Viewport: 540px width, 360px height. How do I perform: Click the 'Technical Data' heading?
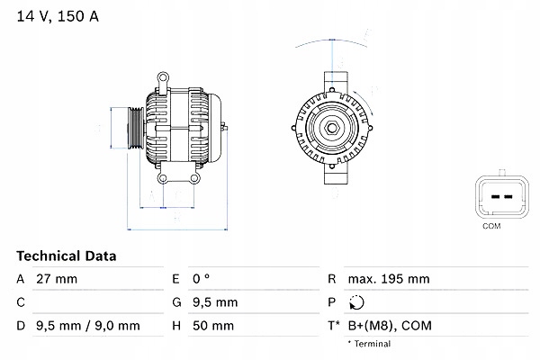67,256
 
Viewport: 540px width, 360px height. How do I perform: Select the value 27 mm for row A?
56,280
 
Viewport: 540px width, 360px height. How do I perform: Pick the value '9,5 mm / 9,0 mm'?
87,326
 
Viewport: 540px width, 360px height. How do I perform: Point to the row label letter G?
175,303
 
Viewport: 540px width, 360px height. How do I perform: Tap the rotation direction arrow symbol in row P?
357,303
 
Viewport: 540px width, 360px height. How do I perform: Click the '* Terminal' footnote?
370,344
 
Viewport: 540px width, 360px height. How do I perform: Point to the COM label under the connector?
490,226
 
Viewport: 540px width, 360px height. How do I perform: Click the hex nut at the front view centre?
330,126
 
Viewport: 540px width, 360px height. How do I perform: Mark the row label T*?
333,326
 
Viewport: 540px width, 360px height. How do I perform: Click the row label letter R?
332,280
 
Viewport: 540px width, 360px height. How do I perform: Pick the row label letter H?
176,326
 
